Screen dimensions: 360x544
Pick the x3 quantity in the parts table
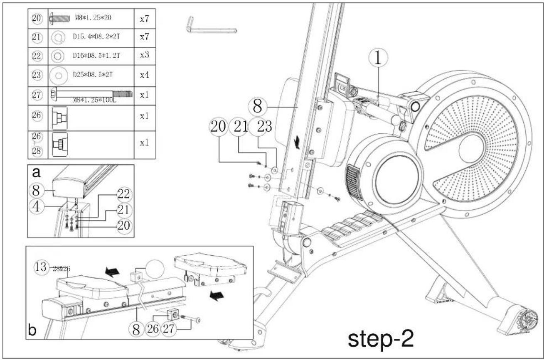(x=144, y=55)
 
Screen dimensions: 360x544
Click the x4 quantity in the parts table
(x=144, y=75)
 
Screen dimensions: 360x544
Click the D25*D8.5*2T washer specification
(x=93, y=75)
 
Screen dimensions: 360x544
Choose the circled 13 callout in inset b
(x=40, y=267)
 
